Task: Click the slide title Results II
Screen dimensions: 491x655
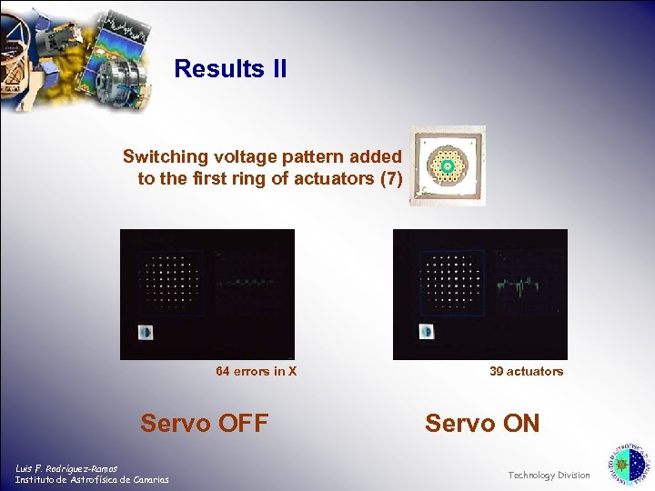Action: (x=230, y=68)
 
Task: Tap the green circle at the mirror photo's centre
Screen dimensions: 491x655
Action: (x=447, y=165)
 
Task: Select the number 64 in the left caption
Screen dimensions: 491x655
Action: (x=223, y=371)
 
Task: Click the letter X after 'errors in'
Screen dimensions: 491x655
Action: (x=292, y=371)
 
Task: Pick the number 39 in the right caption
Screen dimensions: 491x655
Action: (x=497, y=371)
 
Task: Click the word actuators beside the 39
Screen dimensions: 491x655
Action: (x=535, y=371)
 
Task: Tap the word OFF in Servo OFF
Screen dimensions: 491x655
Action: (x=238, y=424)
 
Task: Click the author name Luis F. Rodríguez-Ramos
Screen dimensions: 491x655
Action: (x=66, y=468)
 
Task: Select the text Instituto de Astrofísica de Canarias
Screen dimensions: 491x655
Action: (x=91, y=479)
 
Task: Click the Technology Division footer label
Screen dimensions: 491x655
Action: (x=549, y=475)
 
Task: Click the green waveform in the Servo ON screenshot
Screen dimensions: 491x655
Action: (x=520, y=287)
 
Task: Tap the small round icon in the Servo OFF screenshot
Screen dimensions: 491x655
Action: (x=146, y=331)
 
